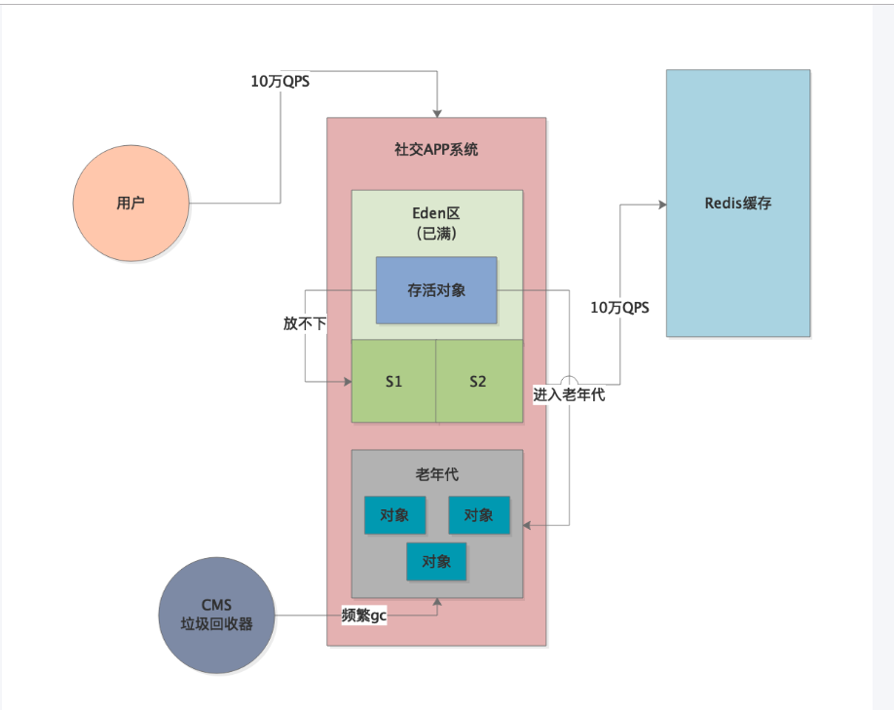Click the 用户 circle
pyautogui.click(x=131, y=204)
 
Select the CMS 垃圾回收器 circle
pyautogui.click(x=216, y=616)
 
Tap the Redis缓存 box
pyautogui.click(x=737, y=204)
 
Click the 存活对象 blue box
pyautogui.click(x=436, y=290)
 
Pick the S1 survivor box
pyautogui.click(x=393, y=381)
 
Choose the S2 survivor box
pyautogui.click(x=477, y=381)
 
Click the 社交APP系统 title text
pyautogui.click(x=436, y=150)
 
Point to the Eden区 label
pyautogui.click(x=435, y=213)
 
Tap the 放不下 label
pyautogui.click(x=305, y=323)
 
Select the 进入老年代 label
pyautogui.click(x=569, y=395)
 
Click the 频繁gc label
pyautogui.click(x=363, y=616)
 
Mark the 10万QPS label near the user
pyautogui.click(x=280, y=82)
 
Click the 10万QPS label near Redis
pyautogui.click(x=619, y=307)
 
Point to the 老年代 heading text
pyautogui.click(x=436, y=475)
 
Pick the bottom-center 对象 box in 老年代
pyautogui.click(x=436, y=562)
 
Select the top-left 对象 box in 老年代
pyautogui.click(x=394, y=515)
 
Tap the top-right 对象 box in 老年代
pyautogui.click(x=478, y=515)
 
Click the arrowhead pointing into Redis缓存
pyautogui.click(x=661, y=205)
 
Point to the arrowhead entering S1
pyautogui.click(x=346, y=382)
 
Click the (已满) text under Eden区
pyautogui.click(x=436, y=235)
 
